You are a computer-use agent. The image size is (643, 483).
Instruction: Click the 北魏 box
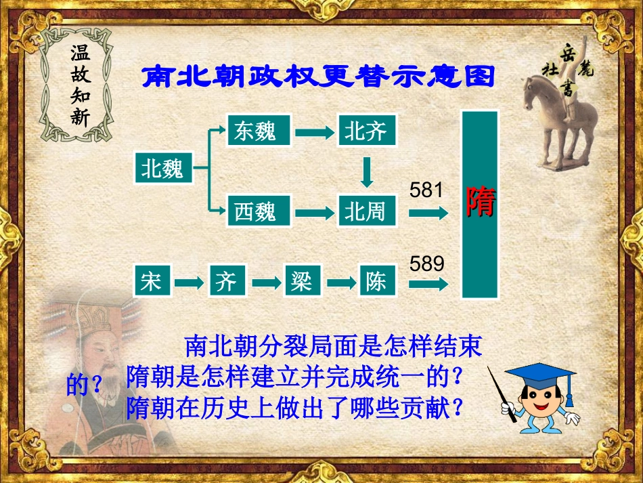tap(163, 168)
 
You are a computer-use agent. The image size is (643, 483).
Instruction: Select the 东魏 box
tap(255, 130)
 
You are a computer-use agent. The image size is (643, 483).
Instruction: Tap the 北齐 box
tap(365, 130)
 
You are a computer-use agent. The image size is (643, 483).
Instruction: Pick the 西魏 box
tap(255, 211)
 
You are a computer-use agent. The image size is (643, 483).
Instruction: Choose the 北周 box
tap(365, 211)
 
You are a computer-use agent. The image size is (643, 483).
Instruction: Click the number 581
tap(426, 190)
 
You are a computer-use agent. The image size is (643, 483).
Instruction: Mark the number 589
tap(426, 264)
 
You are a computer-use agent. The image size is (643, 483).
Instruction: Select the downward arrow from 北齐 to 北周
tap(367, 172)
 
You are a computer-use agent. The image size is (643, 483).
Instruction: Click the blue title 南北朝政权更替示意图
tap(317, 77)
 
